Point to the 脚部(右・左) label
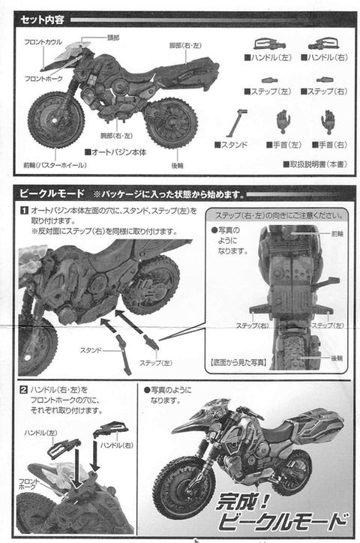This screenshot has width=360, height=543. [186, 45]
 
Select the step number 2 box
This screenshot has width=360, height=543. [24, 389]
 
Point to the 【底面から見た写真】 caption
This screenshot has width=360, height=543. [238, 361]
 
